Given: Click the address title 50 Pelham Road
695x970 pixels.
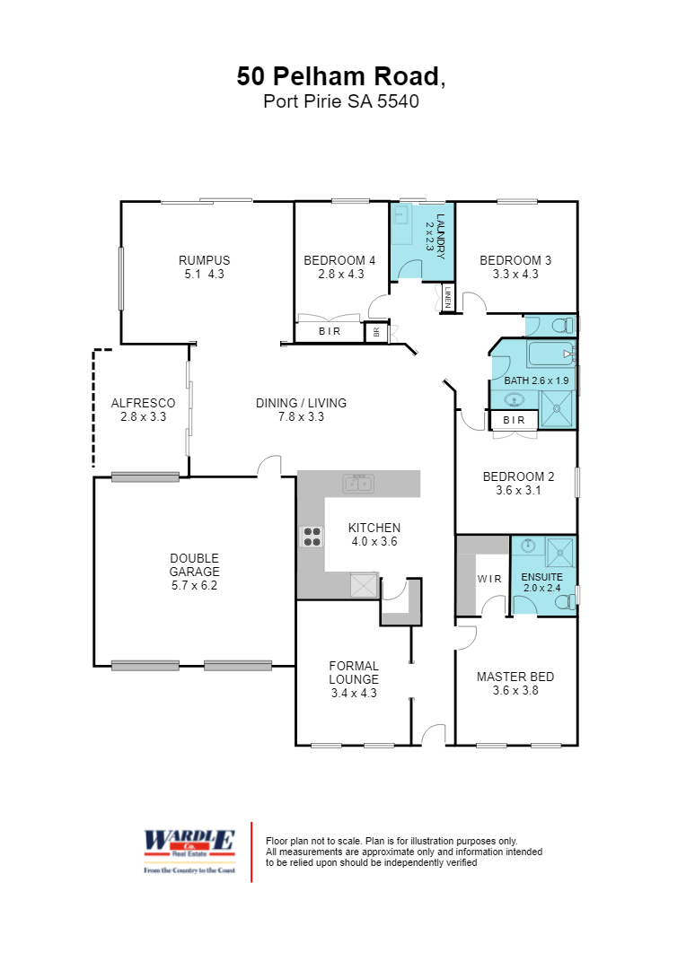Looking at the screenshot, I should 340,76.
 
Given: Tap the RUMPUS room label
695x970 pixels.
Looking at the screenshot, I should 204,261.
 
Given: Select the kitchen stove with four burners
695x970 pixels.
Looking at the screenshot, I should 312,537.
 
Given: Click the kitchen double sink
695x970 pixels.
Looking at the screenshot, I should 358,484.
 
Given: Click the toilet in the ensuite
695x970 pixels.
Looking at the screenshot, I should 567,602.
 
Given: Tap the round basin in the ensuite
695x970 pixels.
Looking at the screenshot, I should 527,546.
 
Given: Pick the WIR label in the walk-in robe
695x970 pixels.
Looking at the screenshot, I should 489,579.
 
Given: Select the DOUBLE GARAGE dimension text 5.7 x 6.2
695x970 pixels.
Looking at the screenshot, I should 195,585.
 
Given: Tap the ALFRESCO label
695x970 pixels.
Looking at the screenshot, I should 143,404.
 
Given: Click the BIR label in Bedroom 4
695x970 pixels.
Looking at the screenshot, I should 330,332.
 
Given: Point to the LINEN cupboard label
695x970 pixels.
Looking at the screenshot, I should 446,297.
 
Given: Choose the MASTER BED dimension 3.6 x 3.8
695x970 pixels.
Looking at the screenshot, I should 515,690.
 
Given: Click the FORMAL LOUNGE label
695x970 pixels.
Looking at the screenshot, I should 354,672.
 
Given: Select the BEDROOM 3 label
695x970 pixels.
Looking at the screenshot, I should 515,261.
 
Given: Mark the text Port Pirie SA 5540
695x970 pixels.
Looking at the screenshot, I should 340,101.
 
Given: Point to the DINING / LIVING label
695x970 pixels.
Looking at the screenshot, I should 301,403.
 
